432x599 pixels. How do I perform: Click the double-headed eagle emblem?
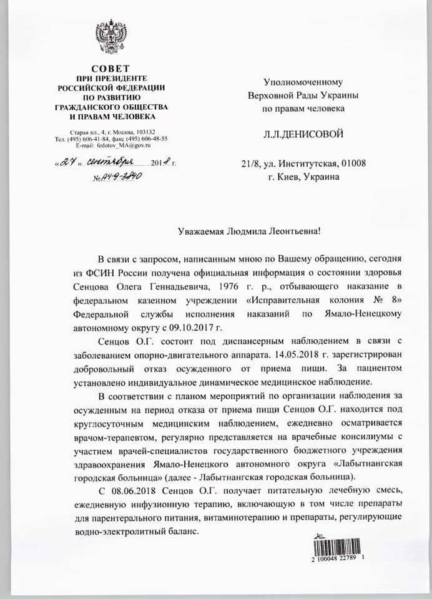click(110, 37)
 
